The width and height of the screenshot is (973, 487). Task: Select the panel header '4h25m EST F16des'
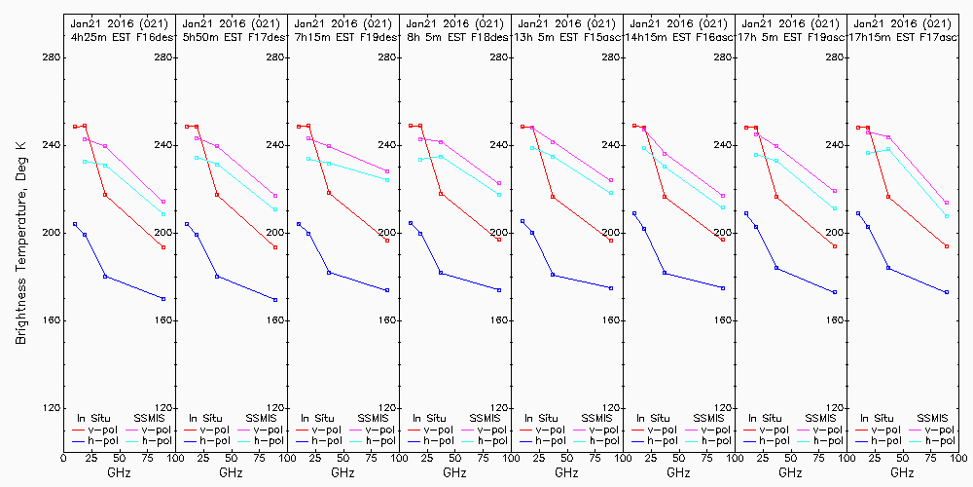tap(120, 37)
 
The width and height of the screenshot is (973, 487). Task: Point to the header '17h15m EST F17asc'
tap(901, 37)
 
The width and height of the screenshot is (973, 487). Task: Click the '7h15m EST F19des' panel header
tap(343, 37)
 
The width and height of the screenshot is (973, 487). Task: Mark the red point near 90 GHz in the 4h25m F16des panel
tap(163, 247)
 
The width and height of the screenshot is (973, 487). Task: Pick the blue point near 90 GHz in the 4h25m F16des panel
tap(163, 299)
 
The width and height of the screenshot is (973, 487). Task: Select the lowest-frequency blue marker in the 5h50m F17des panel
tap(187, 224)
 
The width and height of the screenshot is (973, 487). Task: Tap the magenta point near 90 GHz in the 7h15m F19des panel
tap(387, 171)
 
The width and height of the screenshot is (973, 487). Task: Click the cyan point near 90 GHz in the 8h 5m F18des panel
tap(499, 195)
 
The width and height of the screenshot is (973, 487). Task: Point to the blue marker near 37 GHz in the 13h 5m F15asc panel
tap(553, 275)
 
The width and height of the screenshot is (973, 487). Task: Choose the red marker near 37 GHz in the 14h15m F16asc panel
tap(665, 197)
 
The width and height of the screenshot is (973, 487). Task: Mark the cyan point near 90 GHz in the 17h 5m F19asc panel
tap(835, 208)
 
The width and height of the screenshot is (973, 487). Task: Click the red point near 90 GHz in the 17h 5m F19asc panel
tap(835, 246)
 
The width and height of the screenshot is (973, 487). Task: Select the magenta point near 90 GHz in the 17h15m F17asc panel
tap(947, 203)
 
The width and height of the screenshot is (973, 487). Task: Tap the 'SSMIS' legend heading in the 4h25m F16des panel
tap(150, 417)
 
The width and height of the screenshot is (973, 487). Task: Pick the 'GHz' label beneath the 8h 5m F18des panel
tap(454, 472)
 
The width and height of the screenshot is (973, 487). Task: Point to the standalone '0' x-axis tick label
tap(64, 457)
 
